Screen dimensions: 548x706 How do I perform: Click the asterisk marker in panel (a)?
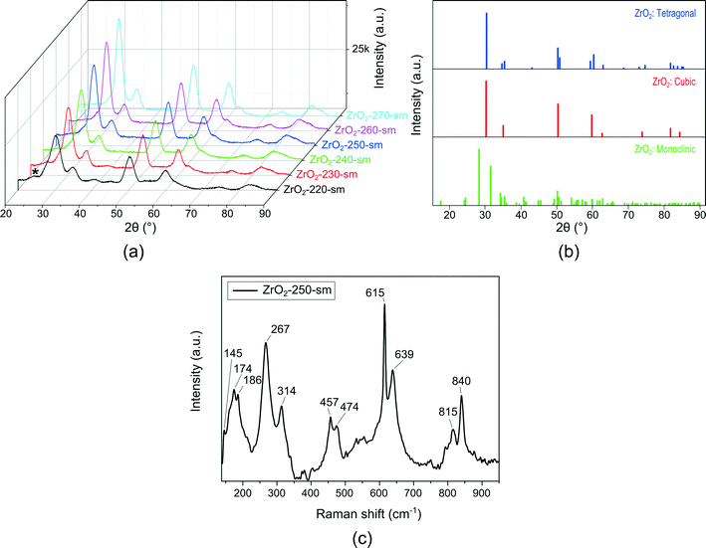[36, 172]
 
